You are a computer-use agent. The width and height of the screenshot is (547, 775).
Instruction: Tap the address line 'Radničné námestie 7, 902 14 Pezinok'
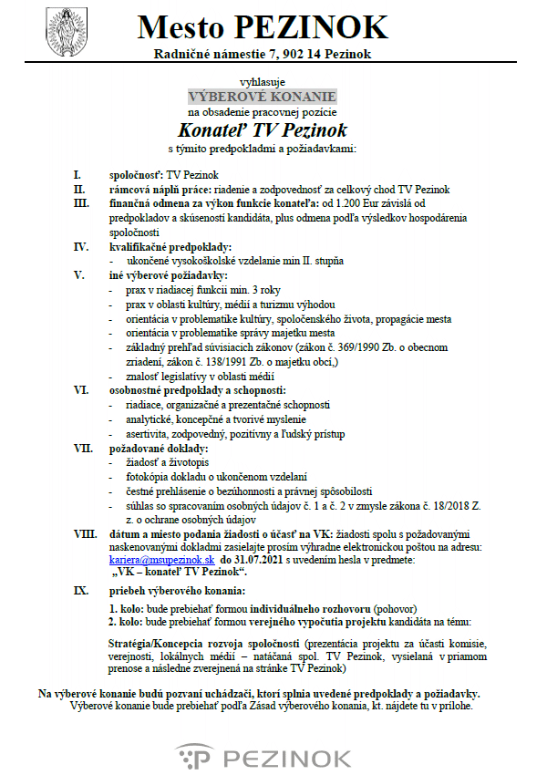263,55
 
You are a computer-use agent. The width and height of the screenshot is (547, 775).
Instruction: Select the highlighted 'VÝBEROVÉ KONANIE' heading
263,96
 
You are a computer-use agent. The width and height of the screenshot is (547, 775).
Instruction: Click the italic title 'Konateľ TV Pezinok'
263,129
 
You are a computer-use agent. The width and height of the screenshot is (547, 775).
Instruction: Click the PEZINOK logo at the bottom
263,757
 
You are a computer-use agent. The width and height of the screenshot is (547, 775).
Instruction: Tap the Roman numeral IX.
80,590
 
